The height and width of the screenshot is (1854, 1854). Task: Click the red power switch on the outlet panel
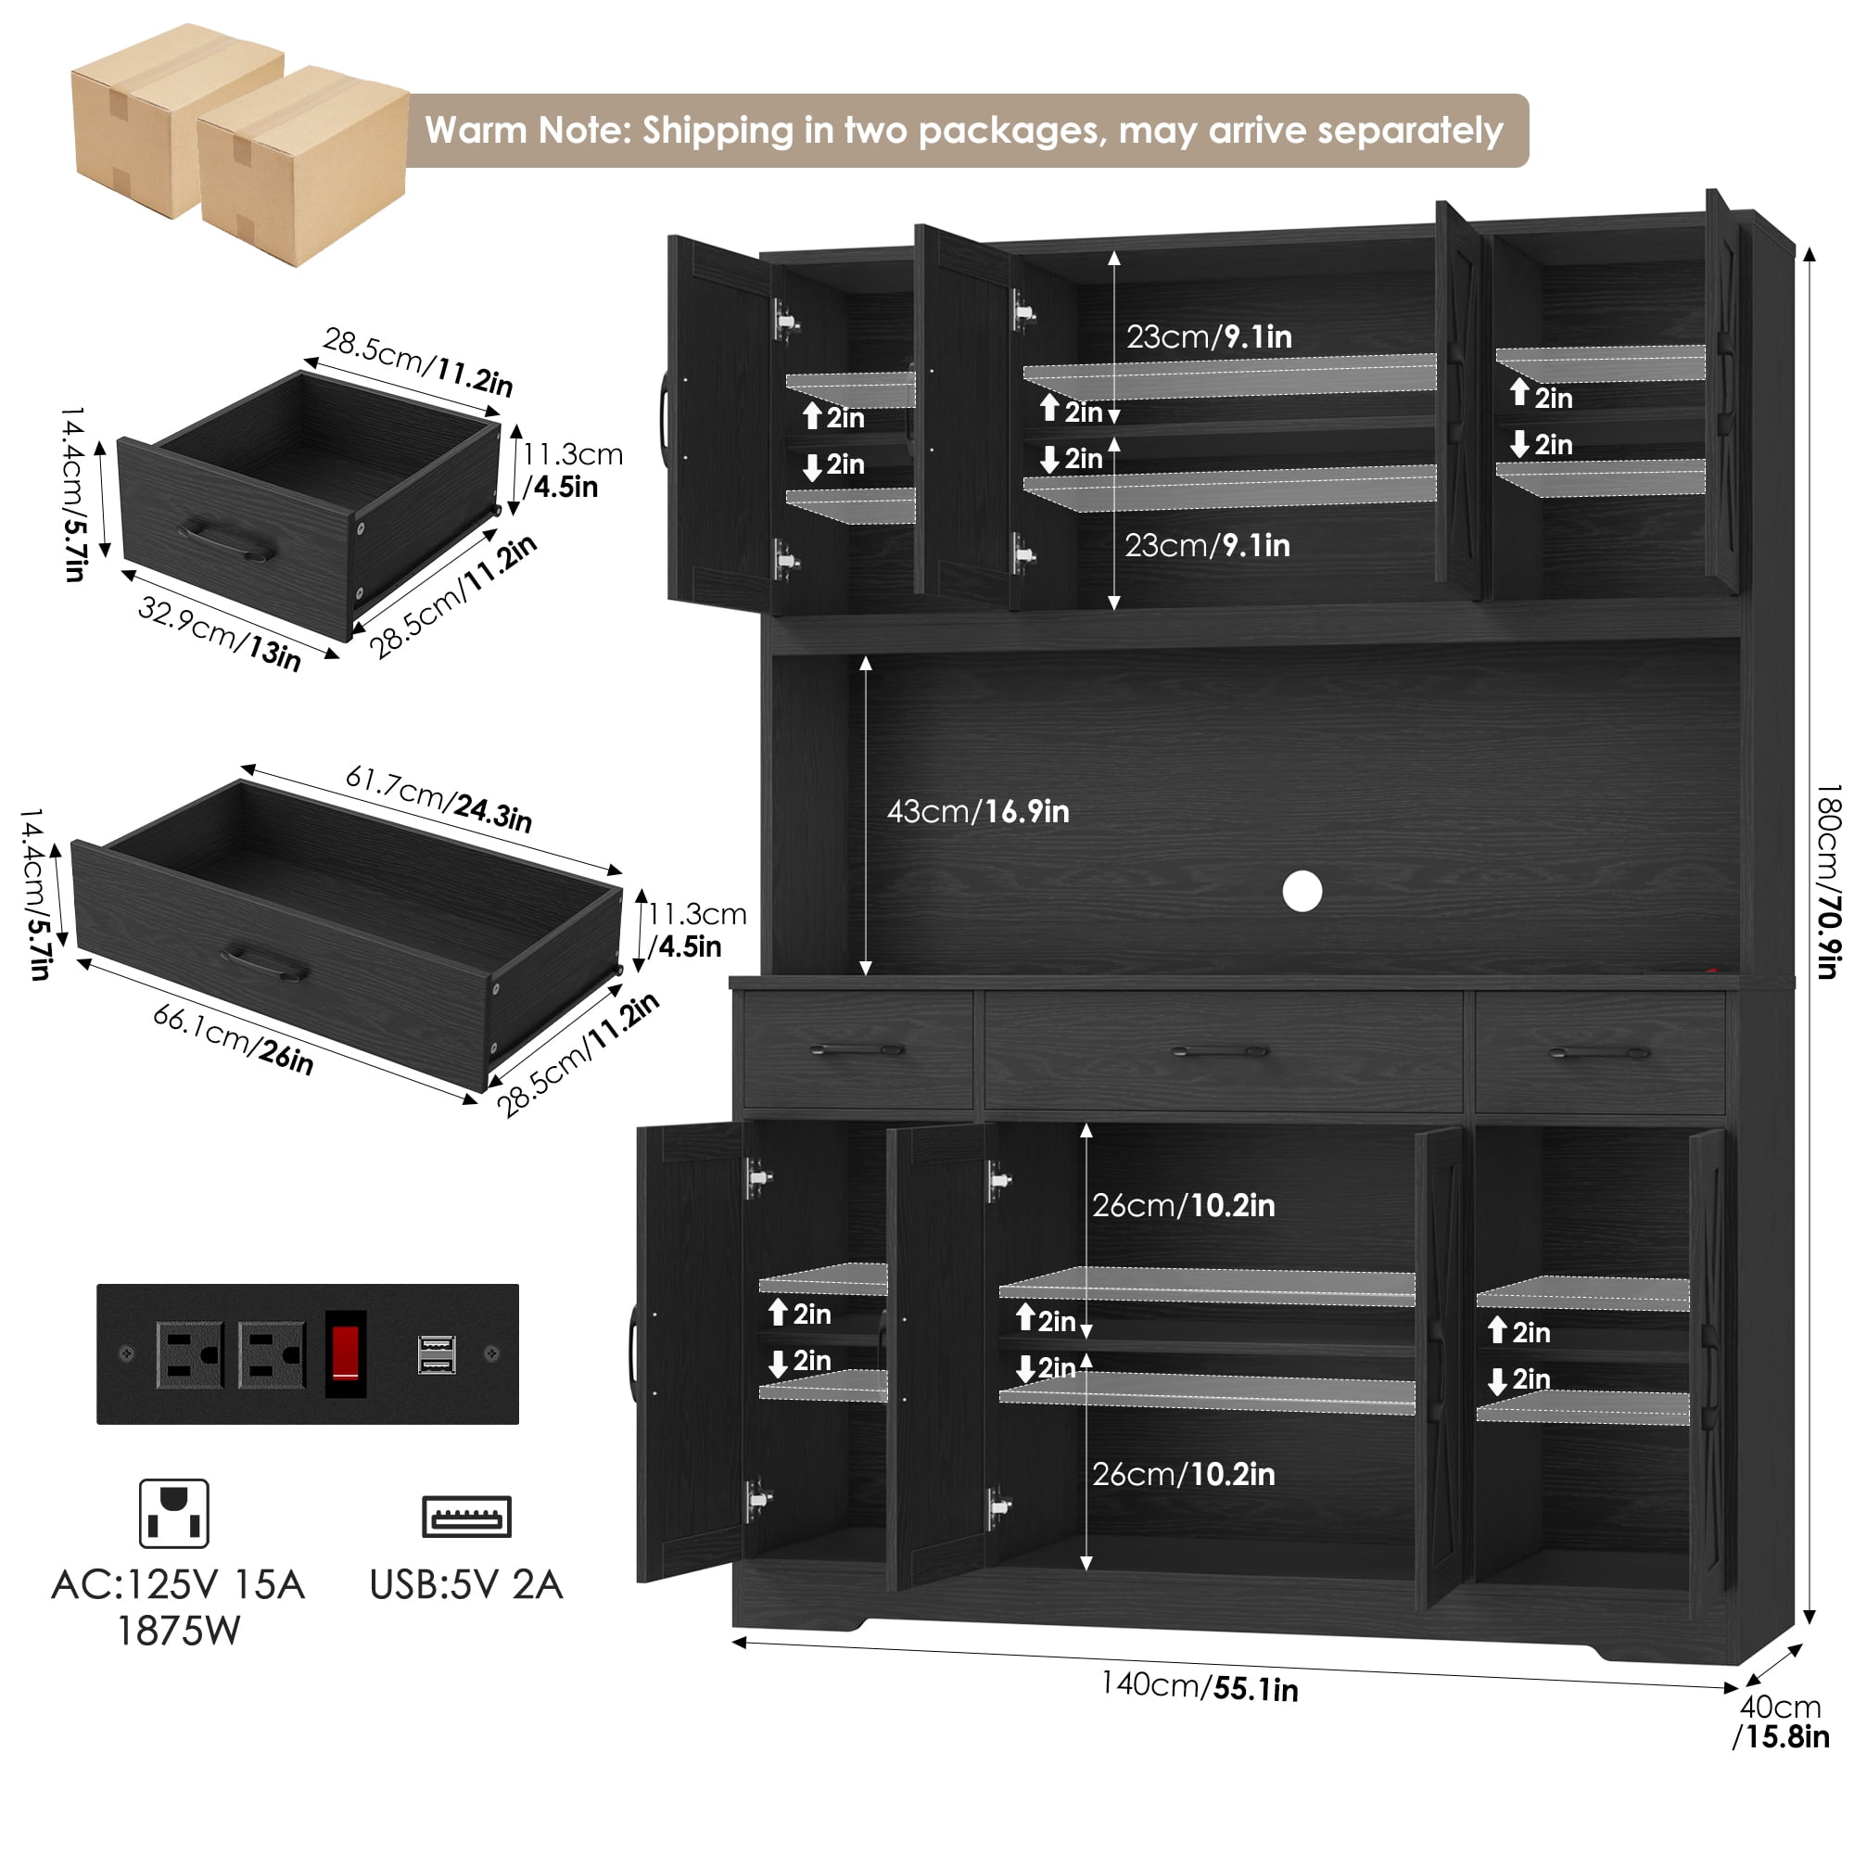coord(346,1353)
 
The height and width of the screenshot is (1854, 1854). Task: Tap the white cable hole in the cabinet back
coord(1302,892)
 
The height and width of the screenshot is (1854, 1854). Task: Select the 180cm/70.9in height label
coord(1829,881)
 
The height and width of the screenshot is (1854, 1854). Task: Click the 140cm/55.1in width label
coord(1200,1686)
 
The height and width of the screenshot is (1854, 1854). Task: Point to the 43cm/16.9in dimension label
coord(978,811)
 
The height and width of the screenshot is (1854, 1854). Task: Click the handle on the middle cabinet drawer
coord(1221,1052)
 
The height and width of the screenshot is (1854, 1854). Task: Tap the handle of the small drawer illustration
coord(226,540)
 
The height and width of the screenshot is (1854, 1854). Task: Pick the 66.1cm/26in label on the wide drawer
coord(234,1039)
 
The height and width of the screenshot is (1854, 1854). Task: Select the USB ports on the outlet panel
coord(437,1354)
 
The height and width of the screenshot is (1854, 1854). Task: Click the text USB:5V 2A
coord(465,1584)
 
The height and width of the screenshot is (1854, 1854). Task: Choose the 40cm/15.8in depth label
coord(1781,1721)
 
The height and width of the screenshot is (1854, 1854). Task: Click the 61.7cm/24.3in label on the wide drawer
coord(438,797)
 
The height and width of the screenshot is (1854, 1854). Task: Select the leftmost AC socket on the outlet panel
coord(190,1354)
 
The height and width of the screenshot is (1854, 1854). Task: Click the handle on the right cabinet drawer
coord(1600,1053)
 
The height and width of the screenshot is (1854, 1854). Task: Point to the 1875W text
coord(178,1631)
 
